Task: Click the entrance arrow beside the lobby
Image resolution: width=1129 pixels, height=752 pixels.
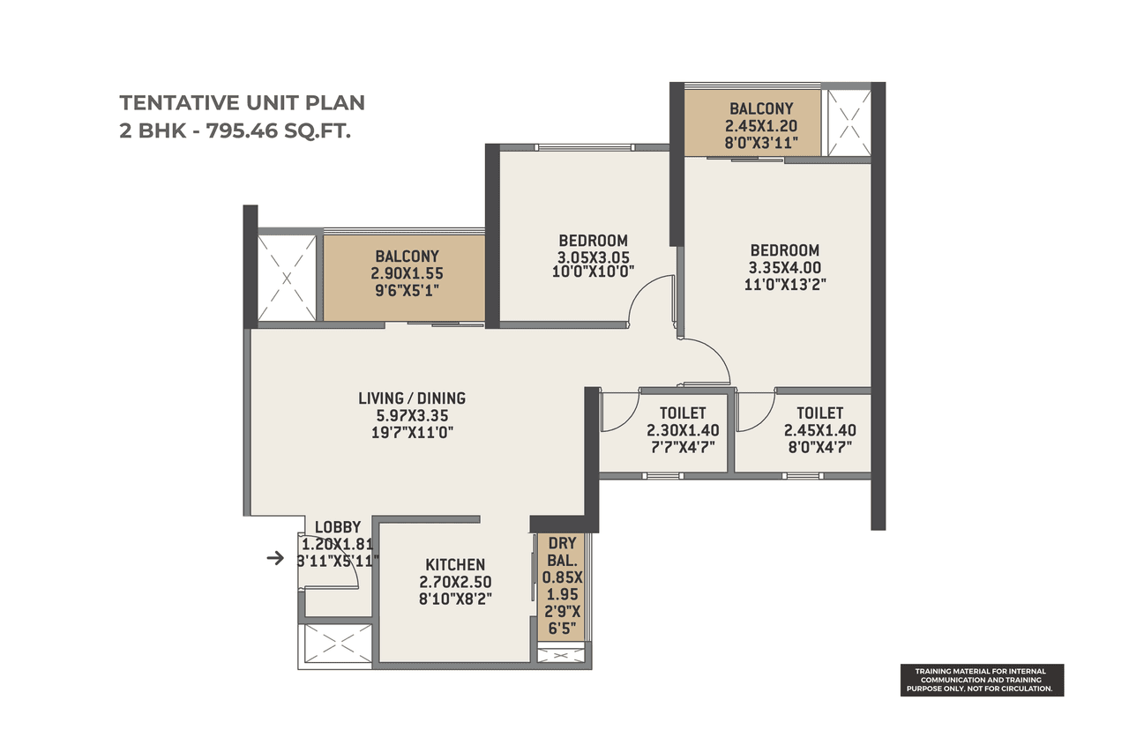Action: point(276,558)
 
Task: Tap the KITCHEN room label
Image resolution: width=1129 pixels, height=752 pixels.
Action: point(455,564)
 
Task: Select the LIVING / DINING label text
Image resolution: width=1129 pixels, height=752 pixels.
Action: point(412,398)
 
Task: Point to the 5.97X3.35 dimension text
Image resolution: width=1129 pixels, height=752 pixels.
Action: point(412,415)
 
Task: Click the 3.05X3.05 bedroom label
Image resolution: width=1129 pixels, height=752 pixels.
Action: point(593,257)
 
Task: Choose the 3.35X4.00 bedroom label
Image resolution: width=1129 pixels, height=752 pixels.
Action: point(784,267)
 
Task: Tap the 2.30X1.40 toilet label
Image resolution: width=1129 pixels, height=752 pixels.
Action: point(683,430)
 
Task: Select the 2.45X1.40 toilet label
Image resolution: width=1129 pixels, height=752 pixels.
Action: point(819,430)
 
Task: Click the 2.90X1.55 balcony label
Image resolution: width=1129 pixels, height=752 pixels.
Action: point(402,272)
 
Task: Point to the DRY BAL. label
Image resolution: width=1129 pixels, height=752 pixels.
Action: point(563,551)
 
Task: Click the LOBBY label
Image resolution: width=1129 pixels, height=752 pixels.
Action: point(338,528)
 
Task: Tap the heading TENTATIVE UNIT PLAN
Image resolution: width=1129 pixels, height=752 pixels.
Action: point(242,102)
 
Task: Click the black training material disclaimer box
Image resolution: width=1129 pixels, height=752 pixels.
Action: point(982,680)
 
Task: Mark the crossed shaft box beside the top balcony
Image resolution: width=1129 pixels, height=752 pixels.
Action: point(846,123)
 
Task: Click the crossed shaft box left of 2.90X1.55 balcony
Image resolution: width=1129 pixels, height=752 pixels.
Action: point(287,277)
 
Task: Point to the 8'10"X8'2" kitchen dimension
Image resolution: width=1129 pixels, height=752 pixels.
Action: point(455,598)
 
